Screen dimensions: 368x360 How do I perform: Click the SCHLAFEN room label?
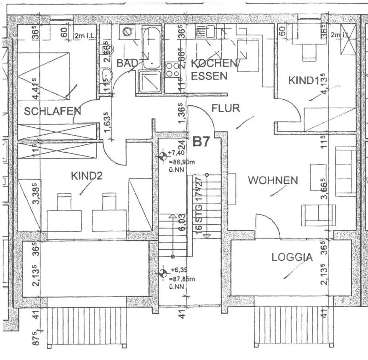pyautogui.click(x=53, y=111)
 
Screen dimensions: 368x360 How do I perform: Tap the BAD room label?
pyautogui.click(x=125, y=63)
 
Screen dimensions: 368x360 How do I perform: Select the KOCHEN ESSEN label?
pyautogui.click(x=214, y=69)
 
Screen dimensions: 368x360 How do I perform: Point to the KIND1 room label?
pyautogui.click(x=304, y=80)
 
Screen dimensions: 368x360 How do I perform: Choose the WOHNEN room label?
pyautogui.click(x=273, y=180)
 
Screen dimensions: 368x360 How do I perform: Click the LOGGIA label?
pyautogui.click(x=292, y=257)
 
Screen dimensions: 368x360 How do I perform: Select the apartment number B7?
pyautogui.click(x=201, y=142)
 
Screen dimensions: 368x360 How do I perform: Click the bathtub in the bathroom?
pyautogui.click(x=151, y=46)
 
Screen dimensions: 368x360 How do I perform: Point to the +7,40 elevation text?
pyautogui.click(x=176, y=153)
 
